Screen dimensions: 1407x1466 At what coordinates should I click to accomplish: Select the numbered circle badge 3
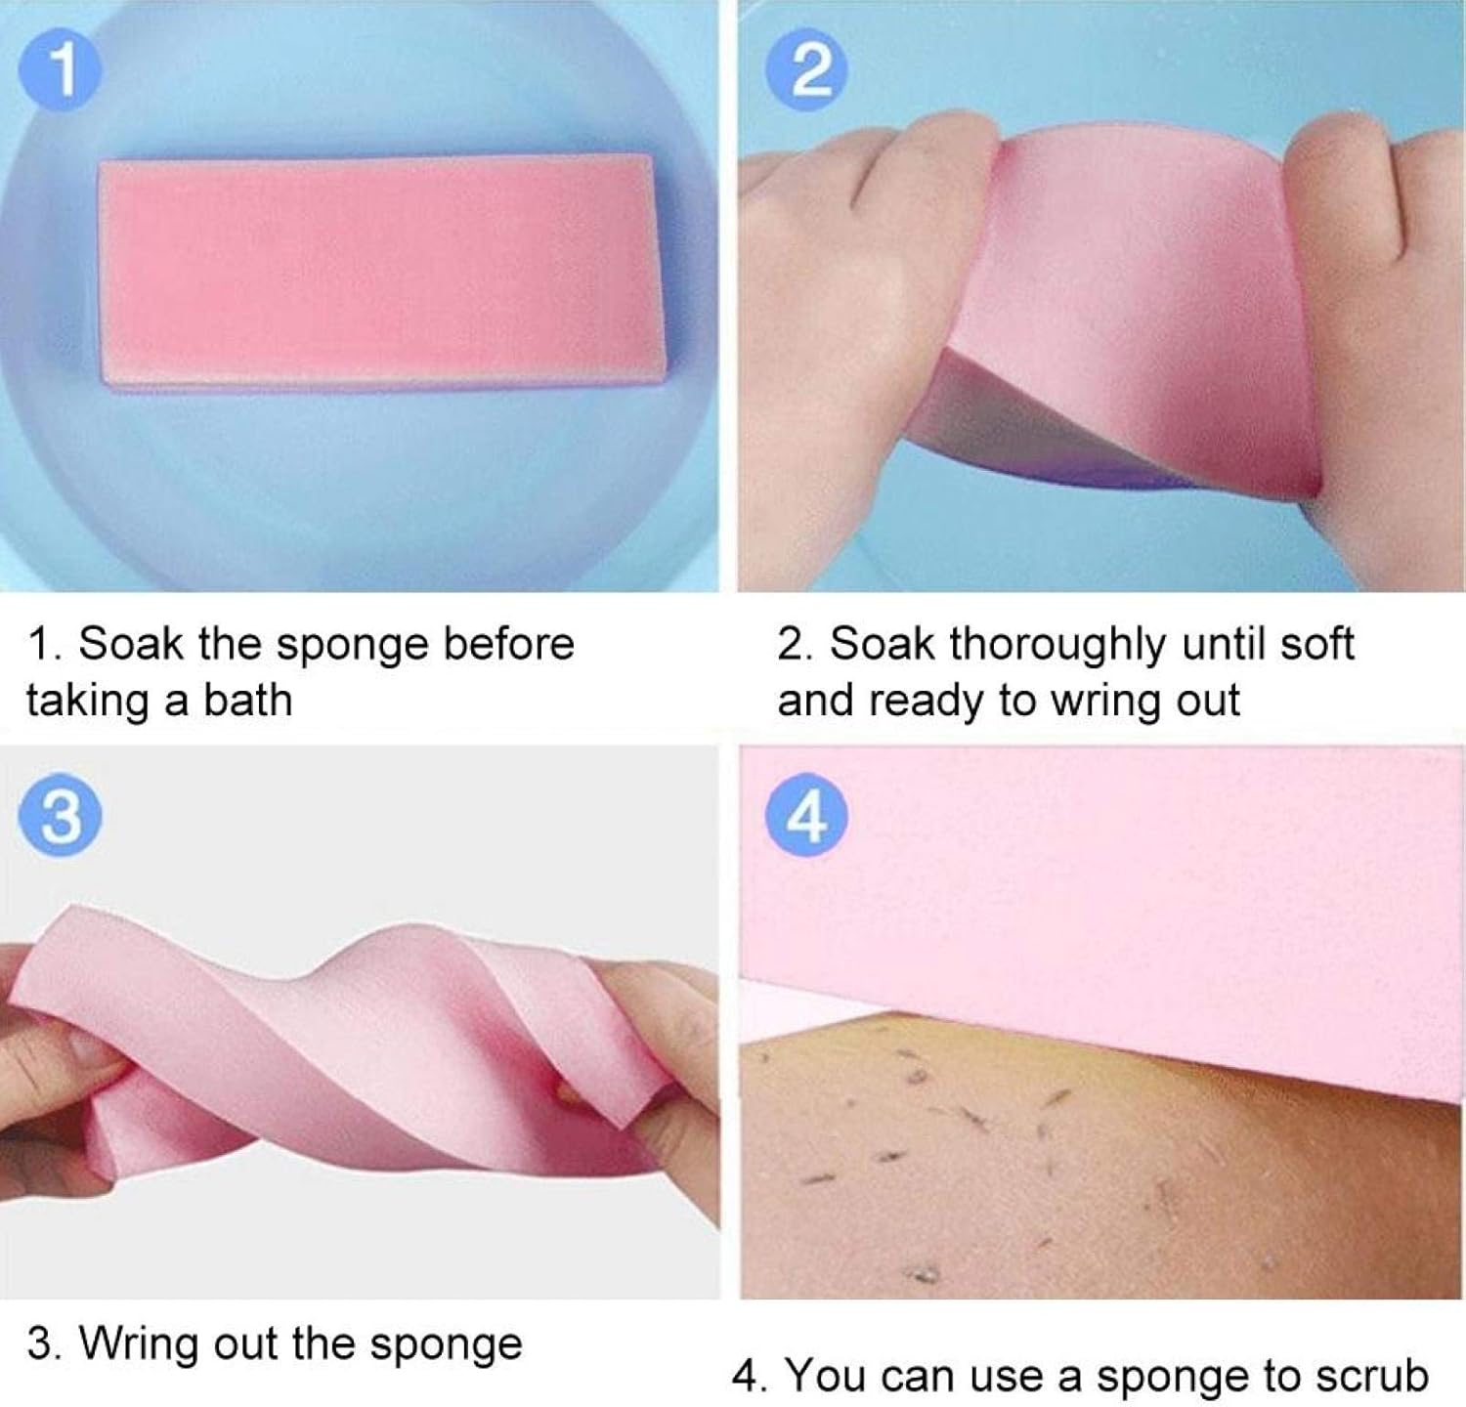coord(61,816)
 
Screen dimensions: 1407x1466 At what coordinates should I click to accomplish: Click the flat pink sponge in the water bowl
coord(381,274)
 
